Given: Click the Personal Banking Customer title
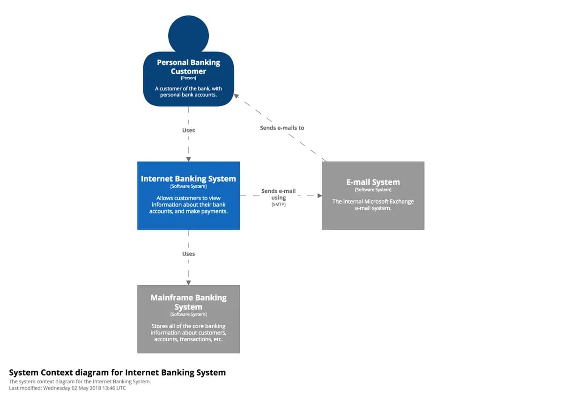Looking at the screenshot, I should pos(188,66).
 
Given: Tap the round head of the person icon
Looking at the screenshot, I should pos(188,34).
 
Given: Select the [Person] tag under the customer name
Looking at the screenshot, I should pos(188,78).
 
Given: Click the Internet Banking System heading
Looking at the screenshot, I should pos(188,179).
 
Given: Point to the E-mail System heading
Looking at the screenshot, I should pos(373,182).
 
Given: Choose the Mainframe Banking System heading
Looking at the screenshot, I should pos(188,302).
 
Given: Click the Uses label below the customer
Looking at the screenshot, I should pos(188,130).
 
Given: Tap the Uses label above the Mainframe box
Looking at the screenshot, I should pos(188,254).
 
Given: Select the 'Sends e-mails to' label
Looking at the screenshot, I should pos(282,128).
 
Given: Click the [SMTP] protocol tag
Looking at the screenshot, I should pos(278,205).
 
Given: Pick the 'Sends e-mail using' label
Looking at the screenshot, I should pos(278,194).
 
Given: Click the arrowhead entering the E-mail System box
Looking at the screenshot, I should pos(319,196).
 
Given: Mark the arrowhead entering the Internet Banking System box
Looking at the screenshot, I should pos(188,159).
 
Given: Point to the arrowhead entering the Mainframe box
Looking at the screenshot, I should pos(188,283).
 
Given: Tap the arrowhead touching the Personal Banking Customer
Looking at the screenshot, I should pos(237,96).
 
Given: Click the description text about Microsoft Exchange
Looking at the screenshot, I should pos(373,205).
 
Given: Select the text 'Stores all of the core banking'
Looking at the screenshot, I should pos(188,326).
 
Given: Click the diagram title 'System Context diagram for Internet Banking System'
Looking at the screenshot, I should pos(117,373).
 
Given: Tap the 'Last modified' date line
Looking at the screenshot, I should pos(67,388).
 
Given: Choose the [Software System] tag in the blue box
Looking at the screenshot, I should pos(188,186).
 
